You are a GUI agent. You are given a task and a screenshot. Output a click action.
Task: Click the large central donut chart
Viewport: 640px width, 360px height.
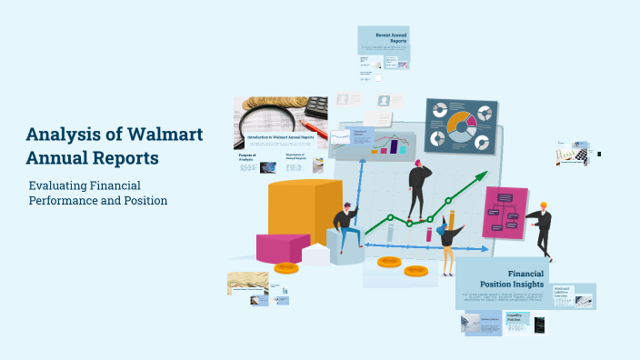[x=460, y=125]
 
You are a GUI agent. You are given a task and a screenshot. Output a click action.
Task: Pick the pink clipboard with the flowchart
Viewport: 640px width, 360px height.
[x=505, y=212]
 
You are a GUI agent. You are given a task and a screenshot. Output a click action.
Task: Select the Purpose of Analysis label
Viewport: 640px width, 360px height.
[x=247, y=157]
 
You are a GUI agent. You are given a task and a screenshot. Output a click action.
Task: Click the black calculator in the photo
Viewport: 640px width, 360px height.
[x=315, y=105]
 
